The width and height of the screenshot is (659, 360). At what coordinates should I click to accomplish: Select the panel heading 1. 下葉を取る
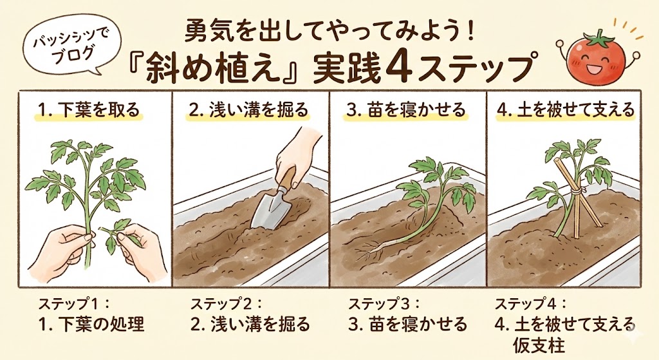pyautogui.click(x=88, y=109)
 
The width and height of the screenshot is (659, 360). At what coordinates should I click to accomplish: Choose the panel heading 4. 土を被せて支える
pyautogui.click(x=566, y=109)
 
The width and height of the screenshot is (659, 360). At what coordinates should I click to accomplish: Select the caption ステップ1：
pyautogui.click(x=73, y=303)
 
